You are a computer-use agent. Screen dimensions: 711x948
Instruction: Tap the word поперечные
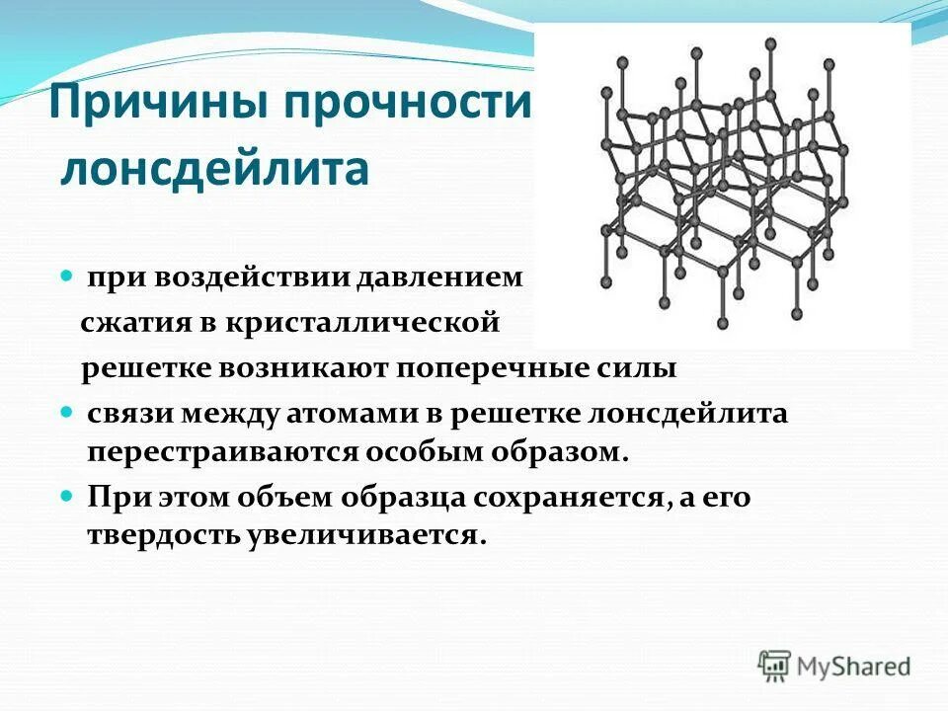pyautogui.click(x=504, y=368)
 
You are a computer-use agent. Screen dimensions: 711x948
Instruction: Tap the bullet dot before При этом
pyautogui.click(x=68, y=494)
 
